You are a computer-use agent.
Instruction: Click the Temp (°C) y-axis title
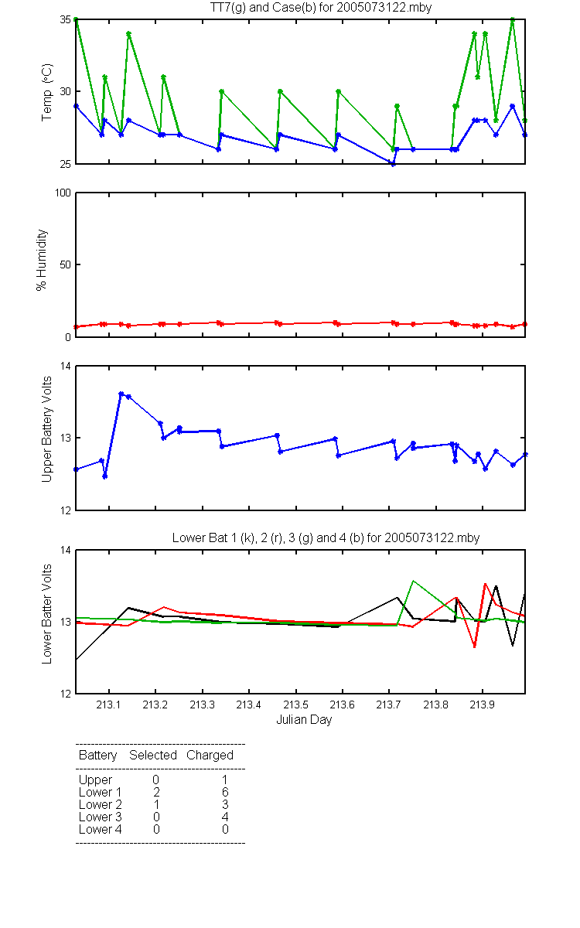(x=46, y=92)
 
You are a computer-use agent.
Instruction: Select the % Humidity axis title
(x=42, y=260)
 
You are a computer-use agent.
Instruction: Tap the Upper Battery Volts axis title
(x=46, y=429)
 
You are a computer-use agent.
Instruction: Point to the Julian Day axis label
(x=304, y=720)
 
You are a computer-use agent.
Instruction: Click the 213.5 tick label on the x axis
(x=295, y=705)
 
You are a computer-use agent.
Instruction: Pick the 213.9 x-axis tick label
(x=483, y=705)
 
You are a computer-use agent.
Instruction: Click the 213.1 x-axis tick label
(x=108, y=705)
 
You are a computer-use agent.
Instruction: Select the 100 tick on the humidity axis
(x=63, y=193)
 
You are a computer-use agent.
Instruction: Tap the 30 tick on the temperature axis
(x=66, y=91)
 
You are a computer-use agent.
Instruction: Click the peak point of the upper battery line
(x=121, y=394)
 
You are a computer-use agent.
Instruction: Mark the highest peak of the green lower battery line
(x=413, y=581)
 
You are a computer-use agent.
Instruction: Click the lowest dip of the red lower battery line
(x=475, y=647)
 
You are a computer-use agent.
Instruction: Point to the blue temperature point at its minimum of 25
(x=393, y=164)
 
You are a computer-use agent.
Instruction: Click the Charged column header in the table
(x=210, y=756)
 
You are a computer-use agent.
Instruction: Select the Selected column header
(x=153, y=756)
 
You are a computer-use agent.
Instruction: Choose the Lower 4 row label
(x=101, y=829)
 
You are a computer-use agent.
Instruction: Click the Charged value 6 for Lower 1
(x=225, y=792)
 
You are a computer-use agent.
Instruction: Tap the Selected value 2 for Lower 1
(x=156, y=792)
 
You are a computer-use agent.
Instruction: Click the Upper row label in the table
(x=95, y=780)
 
